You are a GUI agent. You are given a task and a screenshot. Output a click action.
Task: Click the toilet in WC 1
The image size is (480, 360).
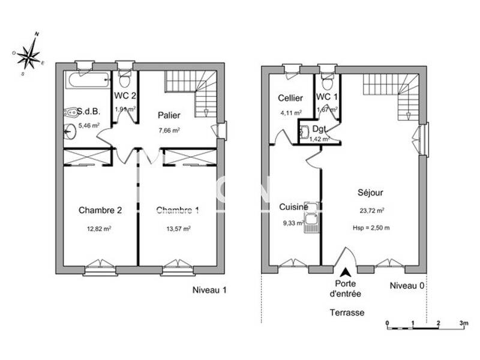326,80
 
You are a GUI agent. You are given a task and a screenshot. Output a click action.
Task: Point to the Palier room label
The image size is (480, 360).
169,115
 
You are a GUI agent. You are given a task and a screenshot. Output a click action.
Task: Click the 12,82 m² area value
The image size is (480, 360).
100,229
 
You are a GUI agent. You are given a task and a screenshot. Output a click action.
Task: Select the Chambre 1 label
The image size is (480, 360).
178,210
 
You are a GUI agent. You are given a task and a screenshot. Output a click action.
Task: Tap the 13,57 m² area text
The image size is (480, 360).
178,229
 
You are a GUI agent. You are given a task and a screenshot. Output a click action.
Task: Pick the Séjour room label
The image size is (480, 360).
370,193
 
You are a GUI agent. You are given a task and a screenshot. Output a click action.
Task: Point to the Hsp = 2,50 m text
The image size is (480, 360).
371,228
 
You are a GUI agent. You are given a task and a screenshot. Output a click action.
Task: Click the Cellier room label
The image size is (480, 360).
290,98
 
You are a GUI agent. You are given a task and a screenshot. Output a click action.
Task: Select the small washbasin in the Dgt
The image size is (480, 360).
305,133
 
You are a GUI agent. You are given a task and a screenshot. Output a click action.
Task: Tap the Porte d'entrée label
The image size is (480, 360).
345,289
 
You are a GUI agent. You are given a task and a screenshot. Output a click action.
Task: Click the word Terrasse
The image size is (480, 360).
347,313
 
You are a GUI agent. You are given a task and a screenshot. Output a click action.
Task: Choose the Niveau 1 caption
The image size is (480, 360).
209,290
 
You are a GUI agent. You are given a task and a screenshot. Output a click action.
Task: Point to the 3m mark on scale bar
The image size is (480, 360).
463,323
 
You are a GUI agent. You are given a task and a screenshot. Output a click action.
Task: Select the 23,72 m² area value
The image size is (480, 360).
372,211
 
